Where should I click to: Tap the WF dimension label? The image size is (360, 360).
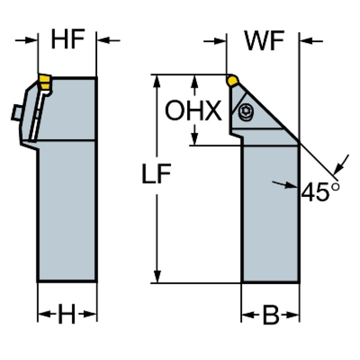click(264, 41)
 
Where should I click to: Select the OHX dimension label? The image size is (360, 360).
click(193, 112)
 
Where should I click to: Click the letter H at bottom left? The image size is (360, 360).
click(67, 315)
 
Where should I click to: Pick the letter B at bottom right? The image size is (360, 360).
click(270, 316)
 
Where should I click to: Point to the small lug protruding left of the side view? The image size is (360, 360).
click(15, 113)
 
